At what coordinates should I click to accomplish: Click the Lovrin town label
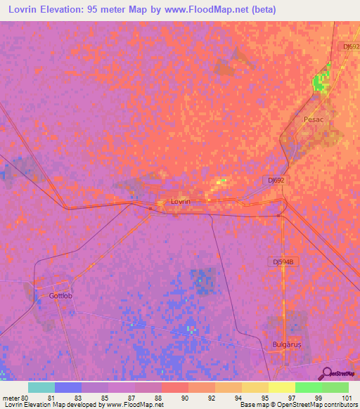click(x=181, y=201)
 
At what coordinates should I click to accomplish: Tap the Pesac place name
click(x=314, y=119)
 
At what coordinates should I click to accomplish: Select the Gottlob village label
click(x=61, y=295)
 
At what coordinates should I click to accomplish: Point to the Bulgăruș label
click(x=285, y=344)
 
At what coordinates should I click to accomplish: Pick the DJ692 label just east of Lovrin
click(x=276, y=180)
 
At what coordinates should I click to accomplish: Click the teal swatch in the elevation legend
click(x=41, y=387)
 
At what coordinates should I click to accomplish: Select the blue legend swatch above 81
click(x=67, y=387)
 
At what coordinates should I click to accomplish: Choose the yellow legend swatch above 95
click(x=254, y=387)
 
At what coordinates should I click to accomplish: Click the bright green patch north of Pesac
click(x=321, y=83)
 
